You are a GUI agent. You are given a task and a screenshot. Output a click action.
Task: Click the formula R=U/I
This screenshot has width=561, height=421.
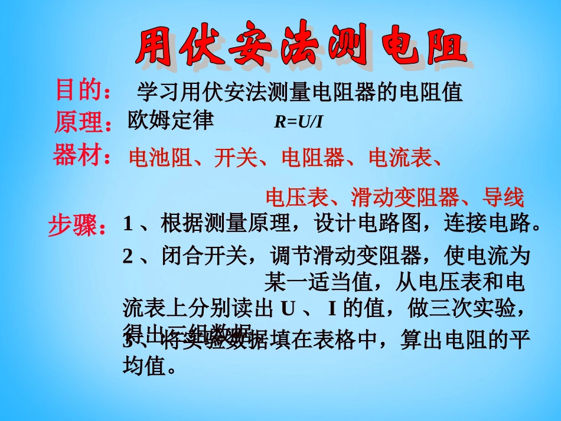tap(299, 122)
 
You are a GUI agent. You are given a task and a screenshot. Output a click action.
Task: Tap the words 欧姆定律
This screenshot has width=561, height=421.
tap(170, 120)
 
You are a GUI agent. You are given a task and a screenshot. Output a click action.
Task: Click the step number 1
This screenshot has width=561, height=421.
tap(128, 224)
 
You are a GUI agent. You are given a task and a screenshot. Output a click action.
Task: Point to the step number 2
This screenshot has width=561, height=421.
tap(128, 256)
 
